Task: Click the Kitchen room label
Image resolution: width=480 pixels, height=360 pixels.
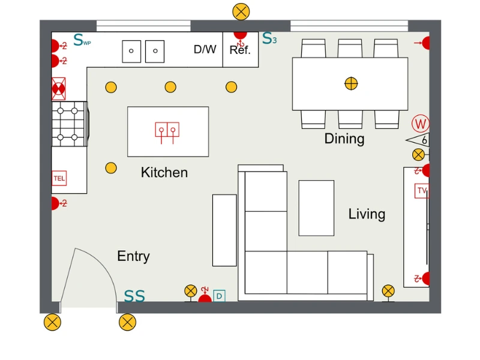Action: pos(164,173)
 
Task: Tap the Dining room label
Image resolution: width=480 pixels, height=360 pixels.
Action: pos(344,139)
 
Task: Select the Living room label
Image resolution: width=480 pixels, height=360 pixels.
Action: pos(367,214)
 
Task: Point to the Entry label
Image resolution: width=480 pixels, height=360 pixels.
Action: pos(133,256)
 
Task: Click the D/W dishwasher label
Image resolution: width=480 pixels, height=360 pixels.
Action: pos(205,49)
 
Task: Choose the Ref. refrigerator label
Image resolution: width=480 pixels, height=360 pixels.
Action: pos(240,51)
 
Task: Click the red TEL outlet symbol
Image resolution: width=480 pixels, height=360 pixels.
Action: pos(59,178)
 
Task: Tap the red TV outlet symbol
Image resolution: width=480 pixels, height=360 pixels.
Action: pos(422,191)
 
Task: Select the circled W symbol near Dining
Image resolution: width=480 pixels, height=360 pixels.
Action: pos(421,124)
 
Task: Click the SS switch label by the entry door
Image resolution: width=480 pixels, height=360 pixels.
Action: pos(134,296)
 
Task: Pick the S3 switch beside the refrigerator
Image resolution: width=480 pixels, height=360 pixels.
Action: pos(269,40)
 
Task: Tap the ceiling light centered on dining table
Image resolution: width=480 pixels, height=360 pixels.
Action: pos(351,83)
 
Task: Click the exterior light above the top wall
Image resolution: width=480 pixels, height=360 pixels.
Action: pos(241,11)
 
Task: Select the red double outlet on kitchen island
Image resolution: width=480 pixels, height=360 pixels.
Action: pos(167,130)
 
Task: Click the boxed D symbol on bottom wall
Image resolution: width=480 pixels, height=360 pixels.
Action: pos(219,296)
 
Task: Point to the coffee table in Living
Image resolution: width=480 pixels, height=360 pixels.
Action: pos(316,208)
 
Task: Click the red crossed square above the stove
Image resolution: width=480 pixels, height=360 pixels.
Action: pos(58,89)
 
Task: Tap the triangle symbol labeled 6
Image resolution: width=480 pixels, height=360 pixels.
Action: pos(418,140)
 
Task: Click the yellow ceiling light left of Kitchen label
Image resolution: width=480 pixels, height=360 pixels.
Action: pos(111,168)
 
